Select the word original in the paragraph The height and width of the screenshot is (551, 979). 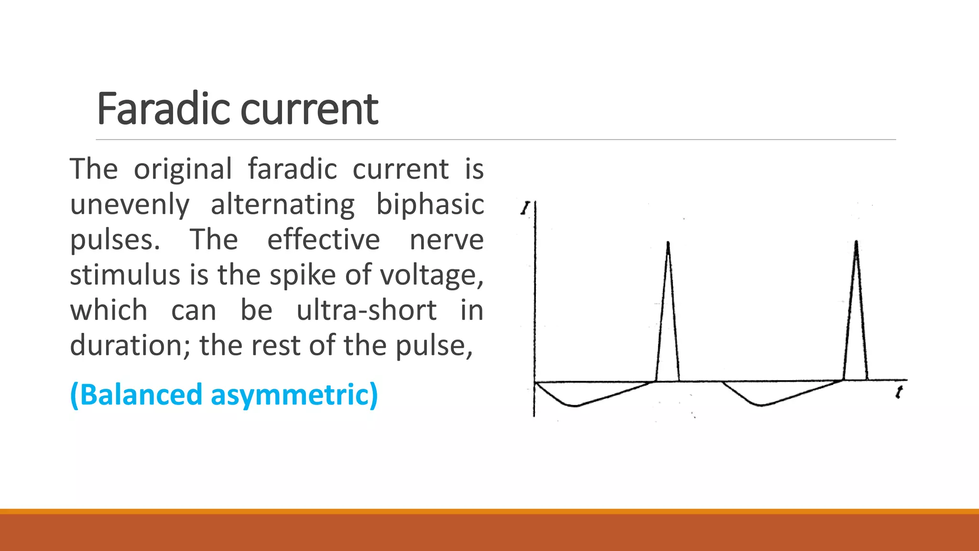click(x=183, y=170)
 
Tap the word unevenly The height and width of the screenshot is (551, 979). click(x=130, y=205)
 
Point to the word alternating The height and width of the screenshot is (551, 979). click(x=283, y=204)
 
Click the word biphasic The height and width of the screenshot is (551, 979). click(x=430, y=205)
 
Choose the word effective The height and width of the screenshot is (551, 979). click(x=323, y=240)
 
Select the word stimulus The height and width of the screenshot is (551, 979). click(x=125, y=275)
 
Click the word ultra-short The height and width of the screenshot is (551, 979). click(x=366, y=310)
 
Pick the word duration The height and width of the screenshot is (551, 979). click(x=130, y=345)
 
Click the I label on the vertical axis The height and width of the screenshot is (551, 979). click(x=525, y=208)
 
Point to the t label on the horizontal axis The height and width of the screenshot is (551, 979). click(x=899, y=393)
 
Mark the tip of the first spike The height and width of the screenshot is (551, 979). click(x=668, y=242)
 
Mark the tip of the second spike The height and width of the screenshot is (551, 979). click(x=856, y=242)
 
